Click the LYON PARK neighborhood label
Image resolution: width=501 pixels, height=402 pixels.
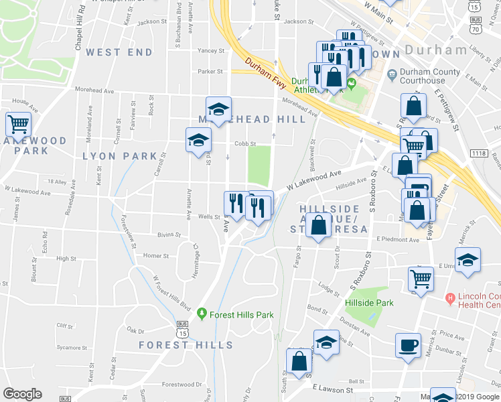coord(120,156)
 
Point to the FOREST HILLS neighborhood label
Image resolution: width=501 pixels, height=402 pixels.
coord(186,345)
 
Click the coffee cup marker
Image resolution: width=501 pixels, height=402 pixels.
coord(408,346)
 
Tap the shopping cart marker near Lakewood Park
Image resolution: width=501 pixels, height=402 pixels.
coord(18,123)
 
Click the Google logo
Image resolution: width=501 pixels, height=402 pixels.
coord(23,394)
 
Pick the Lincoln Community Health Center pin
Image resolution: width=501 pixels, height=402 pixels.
coord(451,297)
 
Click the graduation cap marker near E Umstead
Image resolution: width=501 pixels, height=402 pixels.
coord(468,260)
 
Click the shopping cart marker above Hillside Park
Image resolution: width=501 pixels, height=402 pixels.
coord(421,277)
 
